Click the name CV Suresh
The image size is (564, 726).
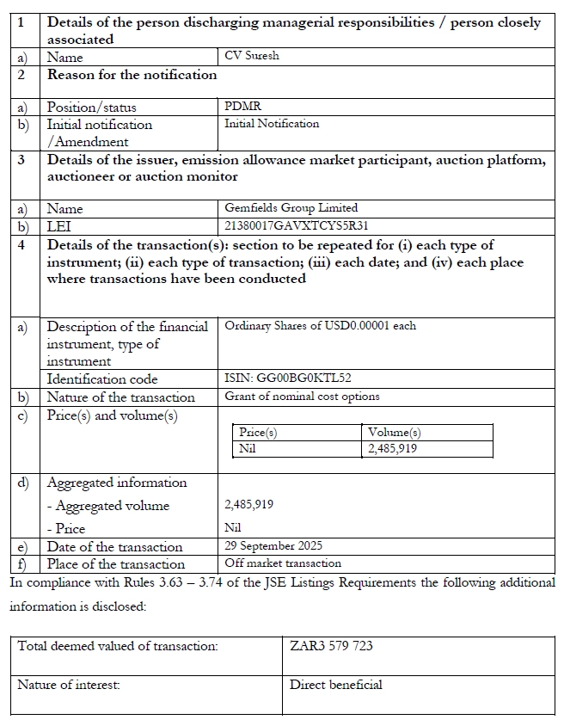(251, 57)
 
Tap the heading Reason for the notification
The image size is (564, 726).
(132, 75)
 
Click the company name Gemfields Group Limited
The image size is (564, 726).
(291, 208)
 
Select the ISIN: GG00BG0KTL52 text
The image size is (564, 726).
(287, 378)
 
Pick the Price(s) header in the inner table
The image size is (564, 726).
(258, 433)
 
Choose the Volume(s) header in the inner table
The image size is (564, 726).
(394, 433)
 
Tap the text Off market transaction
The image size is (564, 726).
(283, 563)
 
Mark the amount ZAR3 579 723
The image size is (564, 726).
(332, 645)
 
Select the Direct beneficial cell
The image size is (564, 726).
(336, 685)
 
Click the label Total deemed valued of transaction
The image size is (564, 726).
(118, 645)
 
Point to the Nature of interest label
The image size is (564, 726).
(69, 685)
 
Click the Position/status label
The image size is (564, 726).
(91, 108)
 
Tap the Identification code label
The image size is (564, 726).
(102, 378)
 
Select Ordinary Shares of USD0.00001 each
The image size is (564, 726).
(320, 326)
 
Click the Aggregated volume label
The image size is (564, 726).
(107, 506)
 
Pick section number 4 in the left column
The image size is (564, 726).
(22, 245)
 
